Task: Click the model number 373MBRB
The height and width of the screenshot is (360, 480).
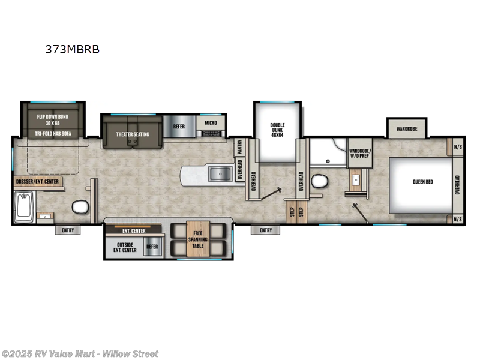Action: click(72, 50)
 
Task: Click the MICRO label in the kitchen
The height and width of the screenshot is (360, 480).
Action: click(211, 122)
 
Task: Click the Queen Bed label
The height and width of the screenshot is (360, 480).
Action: click(422, 182)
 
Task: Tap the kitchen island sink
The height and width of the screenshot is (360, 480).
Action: click(220, 175)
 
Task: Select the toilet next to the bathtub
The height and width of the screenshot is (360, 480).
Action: click(80, 208)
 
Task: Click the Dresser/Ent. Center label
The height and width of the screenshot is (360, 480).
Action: click(38, 181)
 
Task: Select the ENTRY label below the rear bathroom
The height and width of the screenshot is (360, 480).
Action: click(67, 230)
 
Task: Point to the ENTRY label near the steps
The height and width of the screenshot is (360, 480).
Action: click(265, 230)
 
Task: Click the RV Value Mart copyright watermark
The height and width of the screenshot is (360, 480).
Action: click(80, 353)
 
